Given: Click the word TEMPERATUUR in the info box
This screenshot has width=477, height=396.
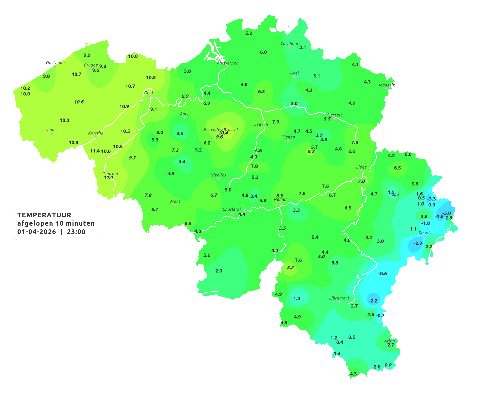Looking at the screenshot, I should click(44, 215).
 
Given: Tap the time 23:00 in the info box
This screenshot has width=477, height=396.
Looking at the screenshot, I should click(76, 232).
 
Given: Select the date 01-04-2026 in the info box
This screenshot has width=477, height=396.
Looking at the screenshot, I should click(37, 232).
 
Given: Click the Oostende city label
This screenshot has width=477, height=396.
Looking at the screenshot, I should click(55, 63).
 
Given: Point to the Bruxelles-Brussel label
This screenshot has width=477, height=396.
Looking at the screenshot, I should click(221, 129).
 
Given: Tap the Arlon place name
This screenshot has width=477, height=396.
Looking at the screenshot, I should click(389, 341).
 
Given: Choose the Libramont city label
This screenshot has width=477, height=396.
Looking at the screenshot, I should click(339, 298).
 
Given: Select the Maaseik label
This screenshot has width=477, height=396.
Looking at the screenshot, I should click(387, 85).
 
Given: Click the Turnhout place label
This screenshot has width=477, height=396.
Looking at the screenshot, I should click(290, 44).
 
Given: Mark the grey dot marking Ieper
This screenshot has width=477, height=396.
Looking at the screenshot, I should click(52, 133).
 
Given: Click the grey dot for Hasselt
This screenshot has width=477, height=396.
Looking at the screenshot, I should click(335, 119).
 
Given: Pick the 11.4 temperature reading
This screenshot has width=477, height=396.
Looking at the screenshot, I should click(95, 151).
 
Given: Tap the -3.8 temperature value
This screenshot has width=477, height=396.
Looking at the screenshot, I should click(446, 213).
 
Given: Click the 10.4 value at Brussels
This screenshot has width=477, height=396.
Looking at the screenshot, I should click(223, 133).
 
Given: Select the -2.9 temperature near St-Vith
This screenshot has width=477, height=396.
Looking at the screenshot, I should click(418, 243).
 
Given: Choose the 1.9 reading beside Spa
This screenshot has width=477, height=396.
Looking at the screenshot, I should click(391, 192).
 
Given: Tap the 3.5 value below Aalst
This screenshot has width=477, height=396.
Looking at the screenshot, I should click(180, 133).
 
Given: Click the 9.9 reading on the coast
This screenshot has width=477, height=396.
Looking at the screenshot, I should click(87, 55).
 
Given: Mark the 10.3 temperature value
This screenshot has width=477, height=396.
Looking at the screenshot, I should click(65, 120).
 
